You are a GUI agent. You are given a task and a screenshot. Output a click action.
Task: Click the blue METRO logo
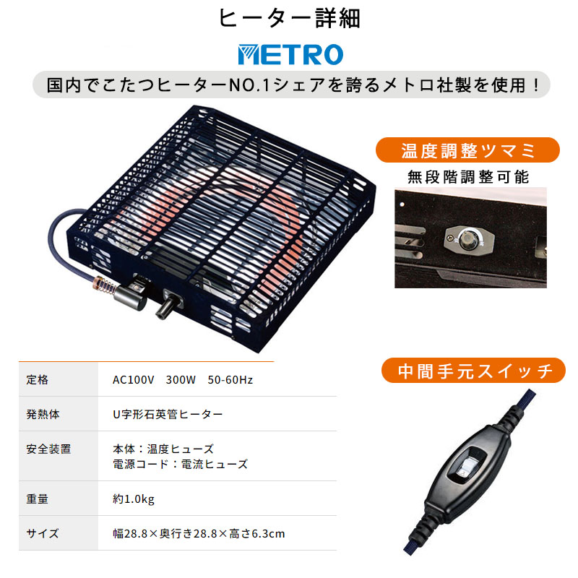290,55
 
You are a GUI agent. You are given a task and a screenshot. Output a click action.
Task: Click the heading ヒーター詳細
290,19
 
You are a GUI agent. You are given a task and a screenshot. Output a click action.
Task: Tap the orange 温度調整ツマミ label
467,150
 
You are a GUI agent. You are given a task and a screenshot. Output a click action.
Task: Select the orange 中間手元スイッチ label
473,371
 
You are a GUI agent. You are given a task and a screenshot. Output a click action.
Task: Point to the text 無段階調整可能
468,177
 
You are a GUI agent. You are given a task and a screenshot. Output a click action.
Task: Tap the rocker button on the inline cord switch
465,467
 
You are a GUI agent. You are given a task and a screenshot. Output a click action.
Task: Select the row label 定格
38,380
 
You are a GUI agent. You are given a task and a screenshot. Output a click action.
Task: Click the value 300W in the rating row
181,380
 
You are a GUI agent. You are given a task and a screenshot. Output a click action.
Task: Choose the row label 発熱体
43,414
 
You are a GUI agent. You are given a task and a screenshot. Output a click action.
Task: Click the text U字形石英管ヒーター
168,414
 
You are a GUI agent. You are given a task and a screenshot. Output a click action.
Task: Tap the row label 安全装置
48,449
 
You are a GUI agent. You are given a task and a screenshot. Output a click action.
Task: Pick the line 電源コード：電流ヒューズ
180,464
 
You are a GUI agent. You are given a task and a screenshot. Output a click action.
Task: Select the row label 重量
38,499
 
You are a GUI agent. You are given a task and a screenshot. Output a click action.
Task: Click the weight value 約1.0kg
134,499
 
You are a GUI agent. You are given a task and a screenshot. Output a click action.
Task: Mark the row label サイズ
43,533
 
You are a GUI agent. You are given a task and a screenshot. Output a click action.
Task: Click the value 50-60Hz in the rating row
230,380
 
